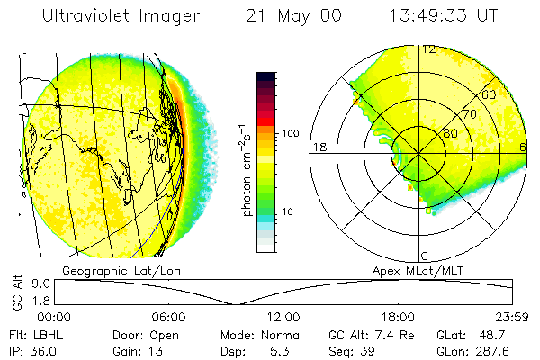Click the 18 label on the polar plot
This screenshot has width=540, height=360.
(318, 147)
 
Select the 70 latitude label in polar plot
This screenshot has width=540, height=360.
(467, 114)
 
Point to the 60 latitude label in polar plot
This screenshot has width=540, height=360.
(490, 94)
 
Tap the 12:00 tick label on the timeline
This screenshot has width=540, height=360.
(283, 317)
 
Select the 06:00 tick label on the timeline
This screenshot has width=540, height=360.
(168, 317)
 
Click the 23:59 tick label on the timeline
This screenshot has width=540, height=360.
(511, 317)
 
